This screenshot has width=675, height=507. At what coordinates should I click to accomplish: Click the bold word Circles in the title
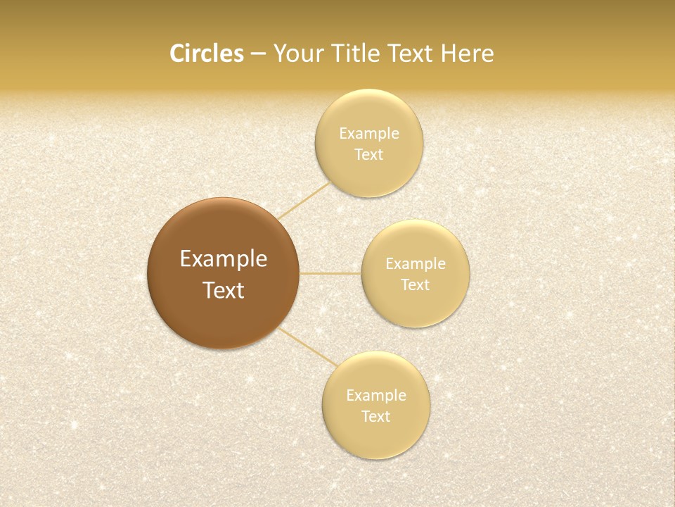pyautogui.click(x=207, y=54)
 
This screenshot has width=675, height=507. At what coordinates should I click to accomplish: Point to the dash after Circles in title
pyautogui.click(x=258, y=54)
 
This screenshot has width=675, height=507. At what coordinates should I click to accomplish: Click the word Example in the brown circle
pyautogui.click(x=223, y=259)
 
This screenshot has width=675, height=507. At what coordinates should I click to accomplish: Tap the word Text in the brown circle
pyautogui.click(x=223, y=290)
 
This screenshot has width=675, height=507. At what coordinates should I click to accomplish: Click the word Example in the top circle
pyautogui.click(x=368, y=133)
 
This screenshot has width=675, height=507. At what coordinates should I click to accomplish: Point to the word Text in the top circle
pyautogui.click(x=368, y=155)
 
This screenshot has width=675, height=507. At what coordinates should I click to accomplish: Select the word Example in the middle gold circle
pyautogui.click(x=415, y=264)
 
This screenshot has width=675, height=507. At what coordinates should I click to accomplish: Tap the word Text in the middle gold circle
pyautogui.click(x=415, y=285)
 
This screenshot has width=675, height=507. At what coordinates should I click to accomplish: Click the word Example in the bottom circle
pyautogui.click(x=375, y=395)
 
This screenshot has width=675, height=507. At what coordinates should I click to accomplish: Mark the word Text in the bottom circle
pyautogui.click(x=375, y=417)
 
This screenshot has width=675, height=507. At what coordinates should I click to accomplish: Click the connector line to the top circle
pyautogui.click(x=303, y=201)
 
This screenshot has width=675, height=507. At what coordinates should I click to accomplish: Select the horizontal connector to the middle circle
pyautogui.click(x=330, y=273)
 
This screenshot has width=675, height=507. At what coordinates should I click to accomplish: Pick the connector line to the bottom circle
pyautogui.click(x=308, y=346)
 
